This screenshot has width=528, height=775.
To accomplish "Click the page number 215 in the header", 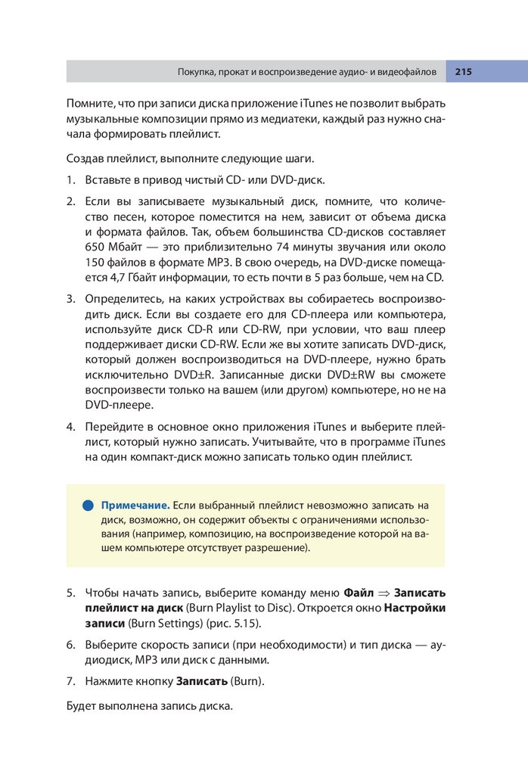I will click(463, 72).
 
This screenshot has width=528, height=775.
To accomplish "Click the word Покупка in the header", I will click(194, 72).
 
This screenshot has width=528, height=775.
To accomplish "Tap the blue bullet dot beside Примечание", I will click(87, 505).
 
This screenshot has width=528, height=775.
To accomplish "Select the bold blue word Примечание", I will click(135, 505).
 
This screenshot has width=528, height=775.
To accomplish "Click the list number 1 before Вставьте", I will click(70, 181).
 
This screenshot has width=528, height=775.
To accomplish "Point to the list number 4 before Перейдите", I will click(70, 425).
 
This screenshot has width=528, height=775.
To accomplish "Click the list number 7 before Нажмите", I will click(70, 682).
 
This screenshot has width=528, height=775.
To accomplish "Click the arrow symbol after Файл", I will click(384, 592).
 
